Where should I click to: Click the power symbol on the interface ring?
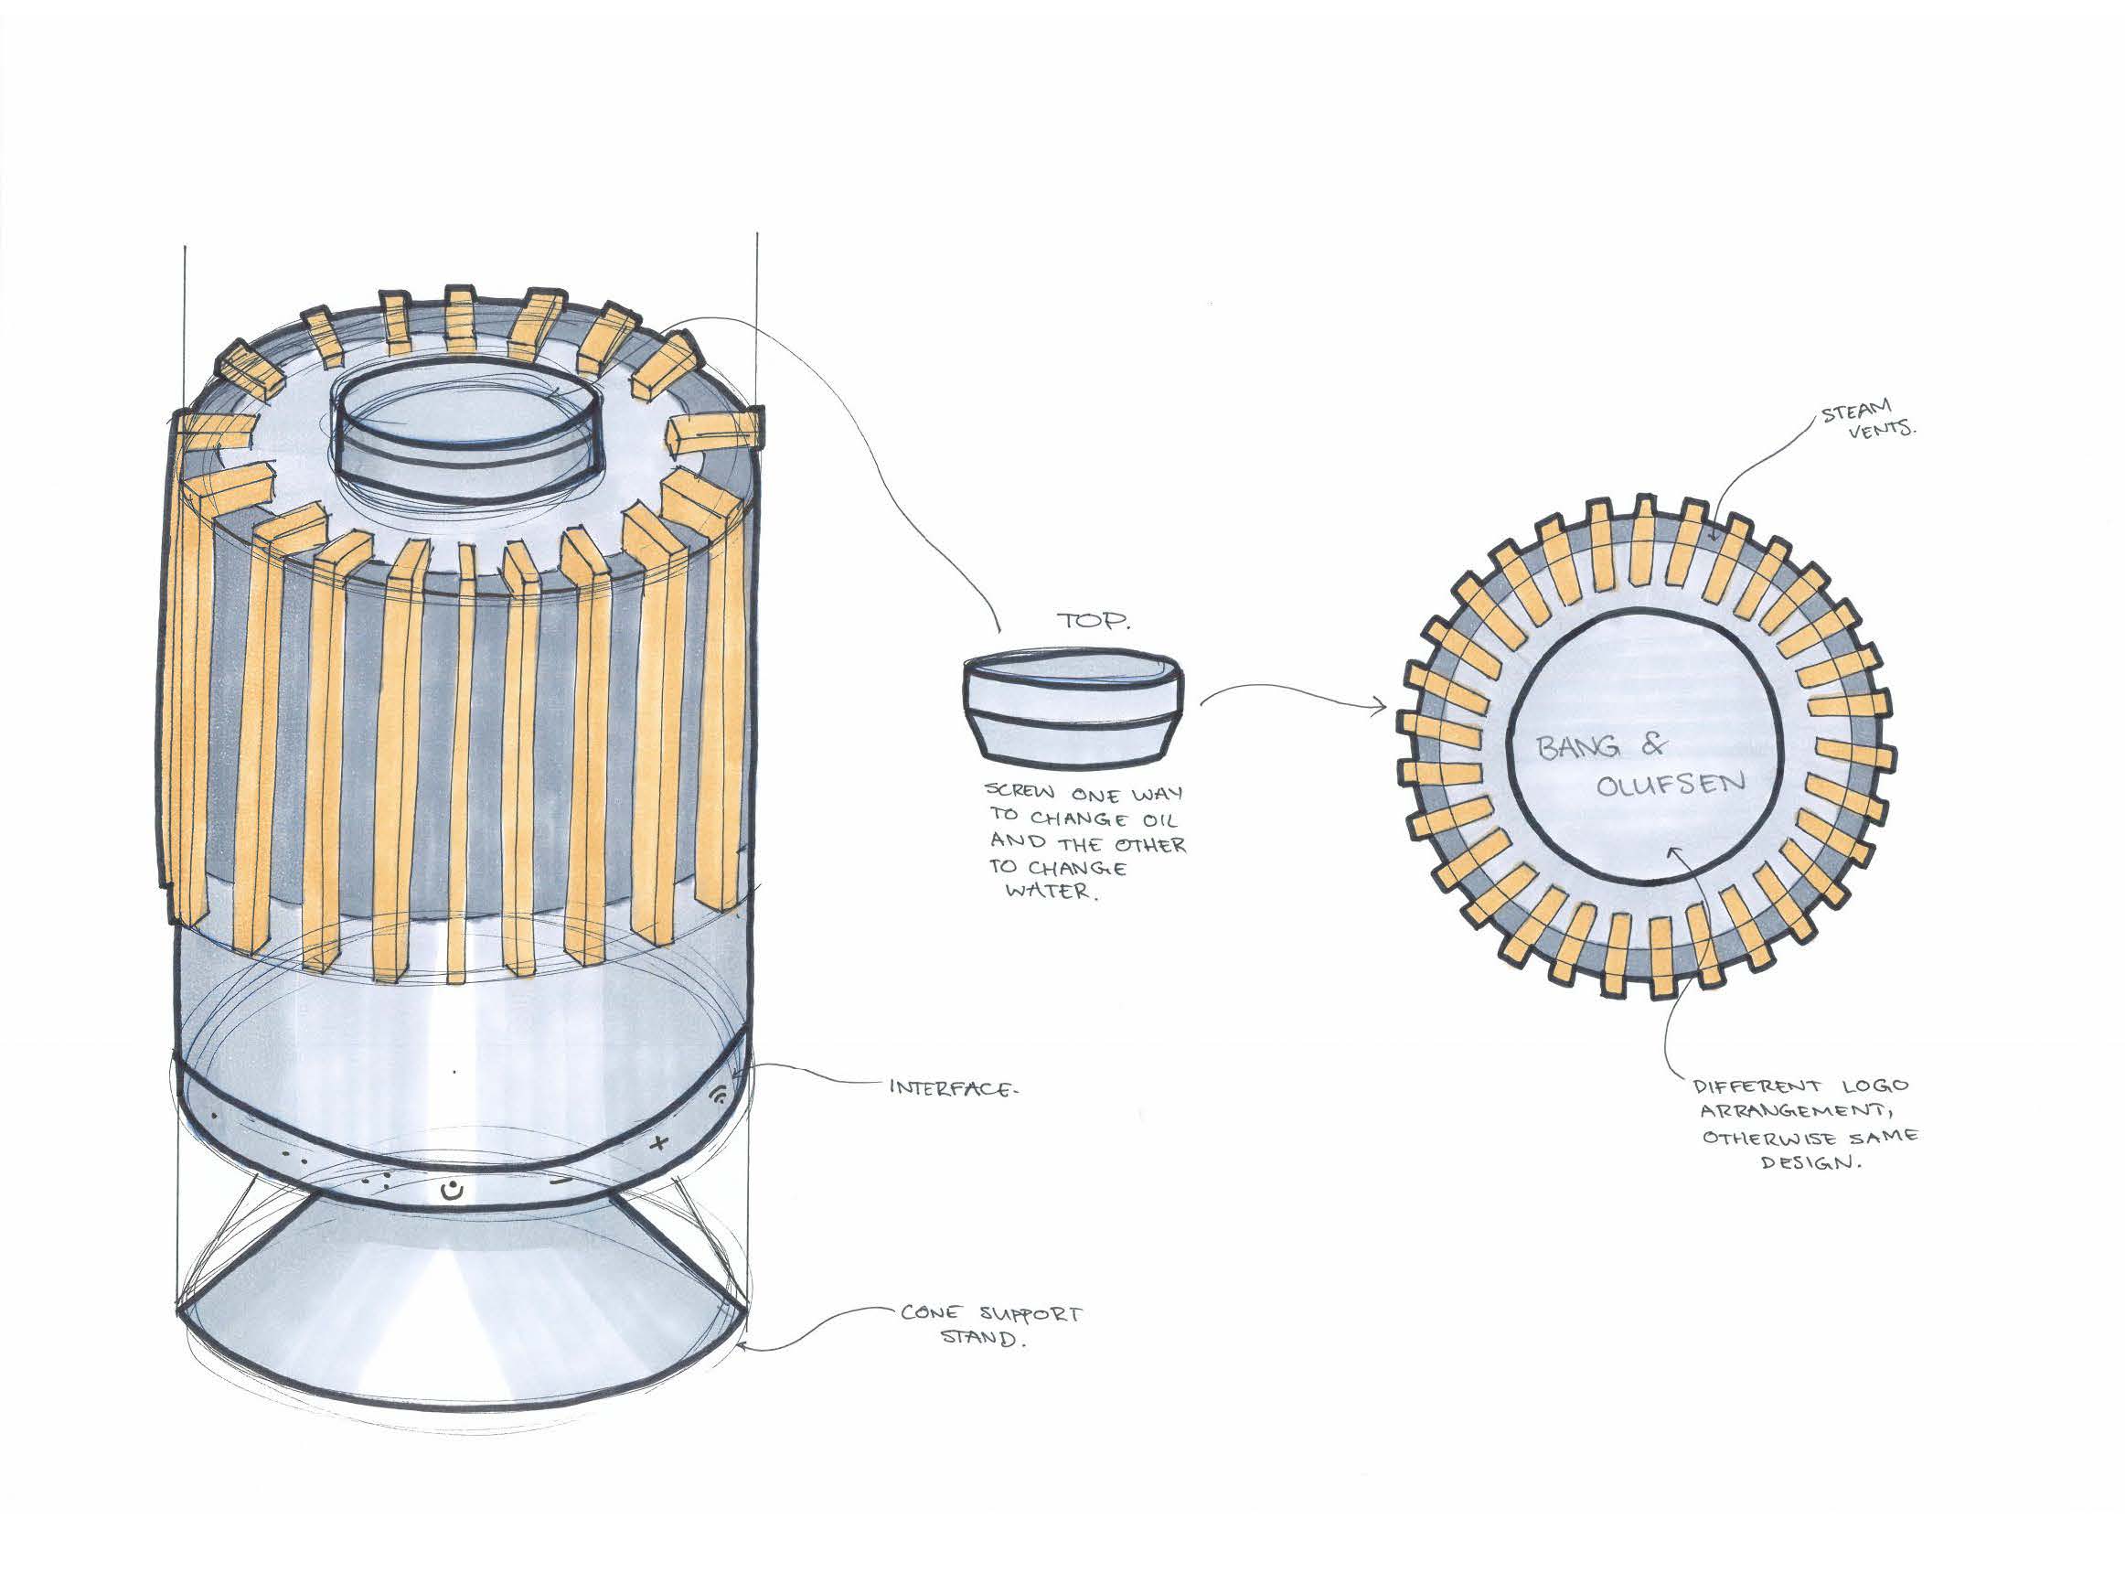click(453, 1193)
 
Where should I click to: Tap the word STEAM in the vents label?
click(1856, 415)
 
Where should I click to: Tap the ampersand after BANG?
click(1654, 743)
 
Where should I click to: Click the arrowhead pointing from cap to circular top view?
click(1382, 708)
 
